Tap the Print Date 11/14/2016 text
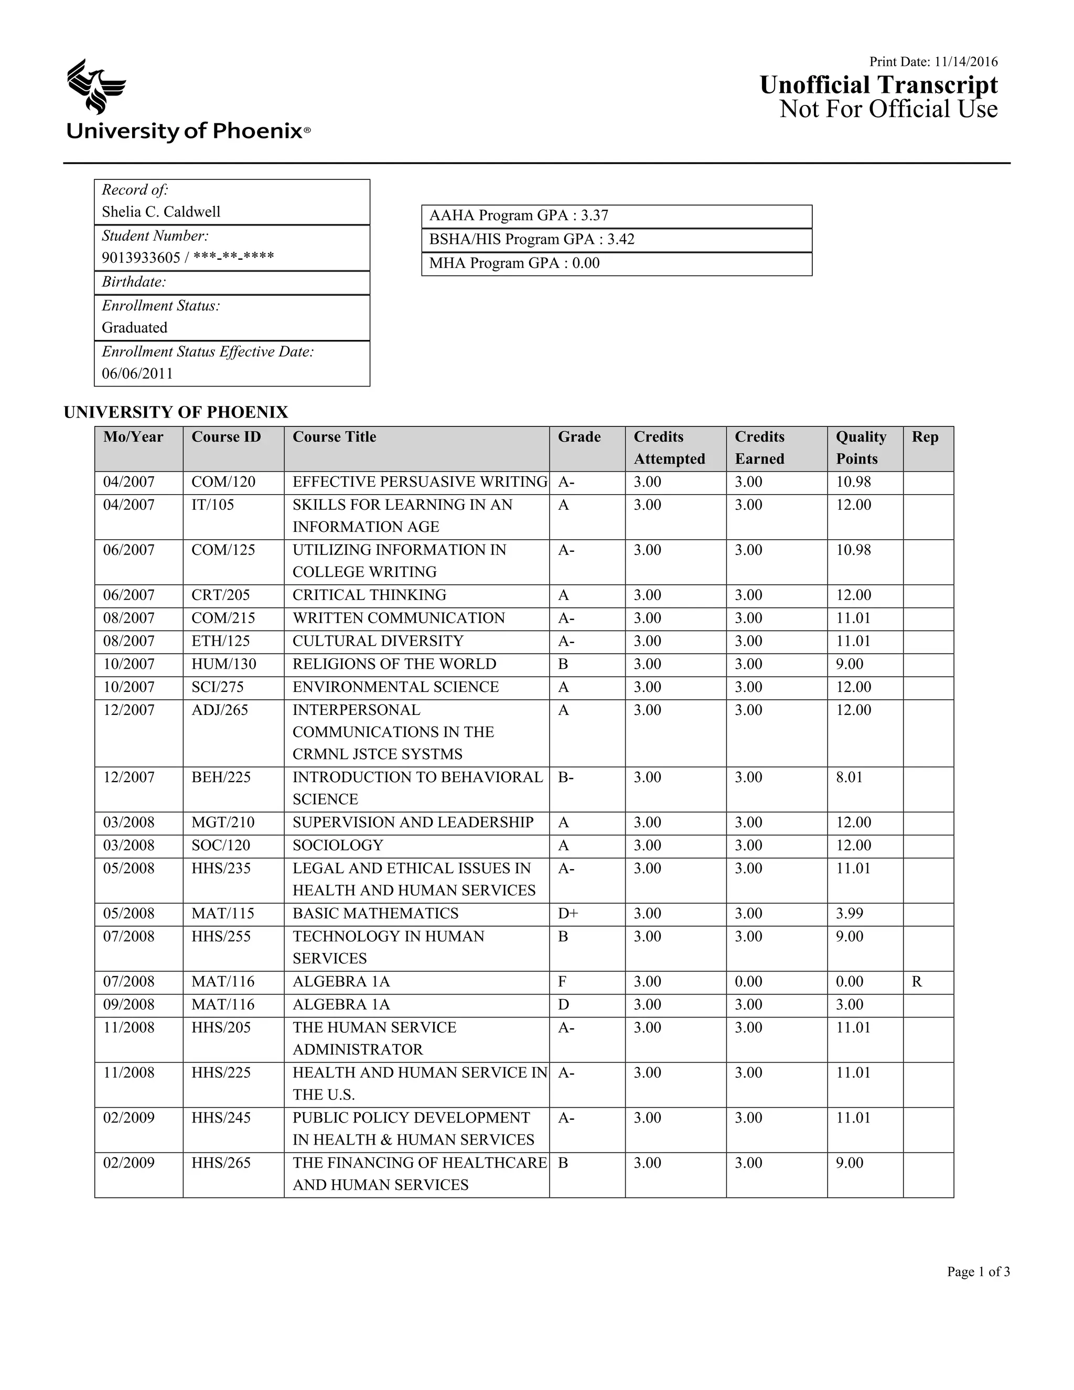pyautogui.click(x=933, y=62)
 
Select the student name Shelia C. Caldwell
pyautogui.click(x=161, y=211)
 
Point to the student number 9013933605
pyautogui.click(x=141, y=257)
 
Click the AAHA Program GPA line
pyautogui.click(x=519, y=215)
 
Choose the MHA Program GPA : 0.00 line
pyautogui.click(x=514, y=263)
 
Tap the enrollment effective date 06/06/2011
pyautogui.click(x=137, y=373)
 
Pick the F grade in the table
pyautogui.click(x=562, y=981)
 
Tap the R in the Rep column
pyautogui.click(x=916, y=981)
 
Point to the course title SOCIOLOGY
pyautogui.click(x=338, y=845)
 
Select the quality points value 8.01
pyautogui.click(x=850, y=777)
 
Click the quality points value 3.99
pyautogui.click(x=850, y=913)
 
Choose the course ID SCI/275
pyautogui.click(x=218, y=687)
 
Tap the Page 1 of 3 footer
pyautogui.click(x=978, y=1271)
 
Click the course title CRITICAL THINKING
pyautogui.click(x=369, y=595)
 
